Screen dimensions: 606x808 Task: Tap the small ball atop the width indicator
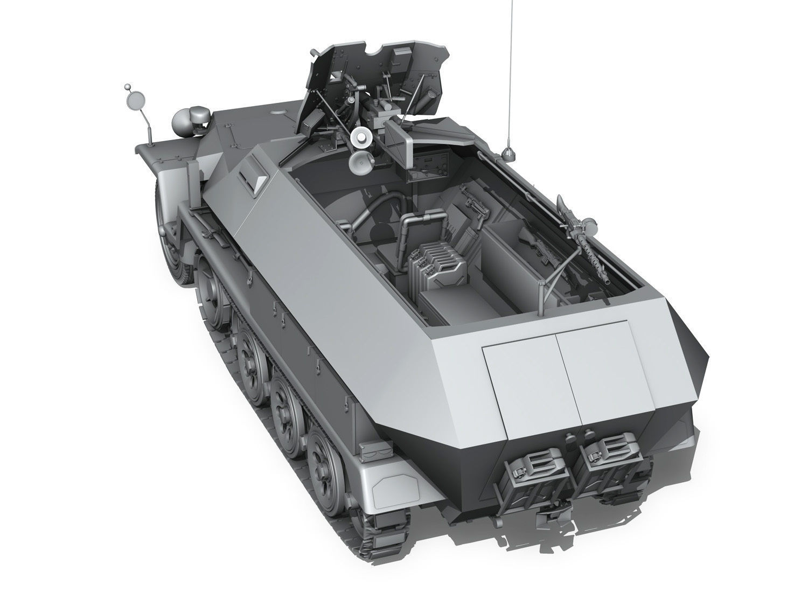(x=127, y=87)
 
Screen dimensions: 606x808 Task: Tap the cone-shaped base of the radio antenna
(x=508, y=155)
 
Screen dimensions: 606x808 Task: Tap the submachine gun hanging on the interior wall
(x=470, y=200)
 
